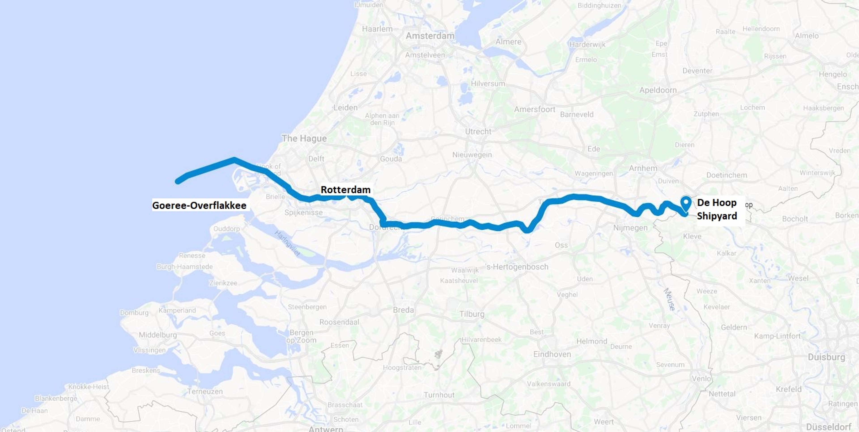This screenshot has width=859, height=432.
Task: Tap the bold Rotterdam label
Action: click(345, 190)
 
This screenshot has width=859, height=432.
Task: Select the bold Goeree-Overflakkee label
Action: click(199, 205)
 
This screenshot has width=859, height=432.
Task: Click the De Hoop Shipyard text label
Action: click(717, 209)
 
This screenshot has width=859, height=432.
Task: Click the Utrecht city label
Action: click(478, 131)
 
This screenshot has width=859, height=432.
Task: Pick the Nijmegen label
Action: click(630, 228)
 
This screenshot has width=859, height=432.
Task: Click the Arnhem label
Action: click(643, 168)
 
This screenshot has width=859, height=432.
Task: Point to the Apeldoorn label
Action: click(658, 90)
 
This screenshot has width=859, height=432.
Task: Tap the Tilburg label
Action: click(472, 314)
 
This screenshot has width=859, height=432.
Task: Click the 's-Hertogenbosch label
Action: click(517, 267)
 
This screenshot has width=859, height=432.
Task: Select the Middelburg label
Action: click(158, 335)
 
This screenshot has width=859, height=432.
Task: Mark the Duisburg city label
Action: click(826, 357)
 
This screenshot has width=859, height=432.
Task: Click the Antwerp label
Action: click(325, 428)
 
